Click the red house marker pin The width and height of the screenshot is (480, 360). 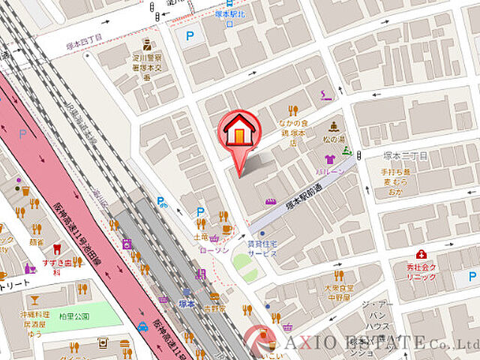pyautogui.click(x=238, y=135)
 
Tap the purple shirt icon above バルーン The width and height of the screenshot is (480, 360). pyautogui.click(x=329, y=159)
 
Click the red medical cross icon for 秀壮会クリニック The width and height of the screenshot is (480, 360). pyautogui.click(x=421, y=254)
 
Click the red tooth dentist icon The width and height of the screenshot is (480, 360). pyautogui.click(x=54, y=250)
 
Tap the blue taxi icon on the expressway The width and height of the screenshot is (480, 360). pyautogui.click(x=142, y=326)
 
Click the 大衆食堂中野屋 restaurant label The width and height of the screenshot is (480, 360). pyautogui.click(x=338, y=291)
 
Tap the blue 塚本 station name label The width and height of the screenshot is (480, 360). pyautogui.click(x=187, y=304)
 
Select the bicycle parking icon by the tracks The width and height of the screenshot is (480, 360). pyautogui.click(x=161, y=201)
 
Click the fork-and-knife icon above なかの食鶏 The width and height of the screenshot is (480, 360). pyautogui.click(x=293, y=110)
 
